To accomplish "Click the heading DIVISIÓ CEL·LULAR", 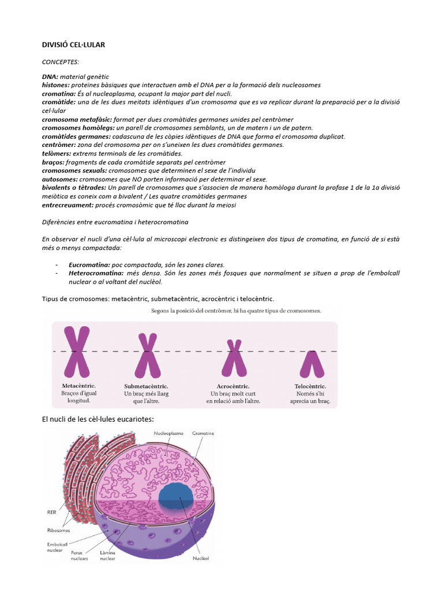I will click(x=73, y=44).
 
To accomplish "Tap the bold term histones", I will click(x=56, y=85).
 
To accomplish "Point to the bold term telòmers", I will click(x=57, y=153).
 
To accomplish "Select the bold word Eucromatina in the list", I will click(x=89, y=264).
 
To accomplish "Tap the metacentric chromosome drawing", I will click(x=77, y=351).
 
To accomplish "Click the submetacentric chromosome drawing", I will click(x=147, y=355).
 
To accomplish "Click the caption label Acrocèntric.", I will click(x=233, y=386).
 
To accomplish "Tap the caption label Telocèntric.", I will click(x=310, y=386).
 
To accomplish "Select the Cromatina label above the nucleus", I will click(x=204, y=432).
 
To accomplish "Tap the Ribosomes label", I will click(x=59, y=530).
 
